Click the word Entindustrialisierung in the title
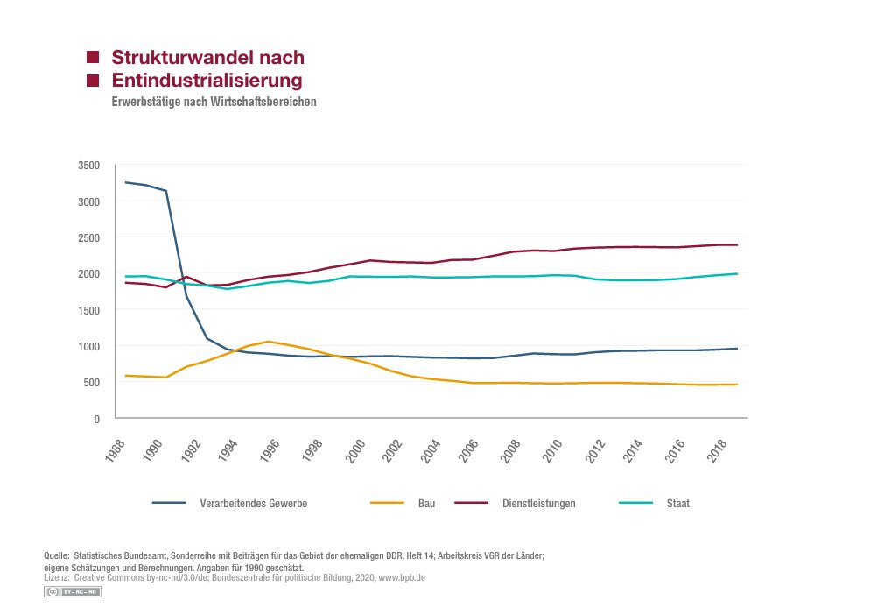pyautogui.click(x=207, y=81)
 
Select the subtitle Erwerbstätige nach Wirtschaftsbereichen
pyautogui.click(x=214, y=102)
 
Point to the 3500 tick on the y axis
pyautogui.click(x=89, y=166)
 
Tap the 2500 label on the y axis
pyautogui.click(x=89, y=237)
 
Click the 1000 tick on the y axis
pyautogui.click(x=89, y=346)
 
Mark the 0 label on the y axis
pyautogui.click(x=96, y=419)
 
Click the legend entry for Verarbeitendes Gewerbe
pyautogui.click(x=253, y=504)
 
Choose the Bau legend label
pyautogui.click(x=426, y=504)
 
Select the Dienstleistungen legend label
pyautogui.click(x=538, y=504)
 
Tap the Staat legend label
pyautogui.click(x=677, y=504)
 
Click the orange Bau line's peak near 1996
pyautogui.click(x=269, y=342)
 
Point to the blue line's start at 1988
pyautogui.click(x=126, y=182)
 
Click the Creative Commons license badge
pyautogui.click(x=73, y=593)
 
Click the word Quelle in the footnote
pyautogui.click(x=57, y=556)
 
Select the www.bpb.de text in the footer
pyautogui.click(x=402, y=579)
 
